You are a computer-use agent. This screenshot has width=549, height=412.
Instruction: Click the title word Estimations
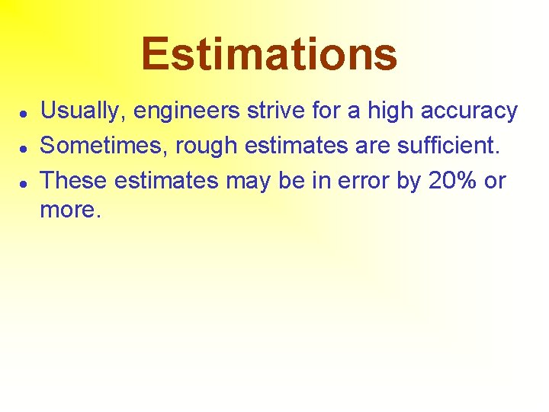click(x=269, y=54)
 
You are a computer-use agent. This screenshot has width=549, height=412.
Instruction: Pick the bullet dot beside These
click(x=24, y=182)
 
